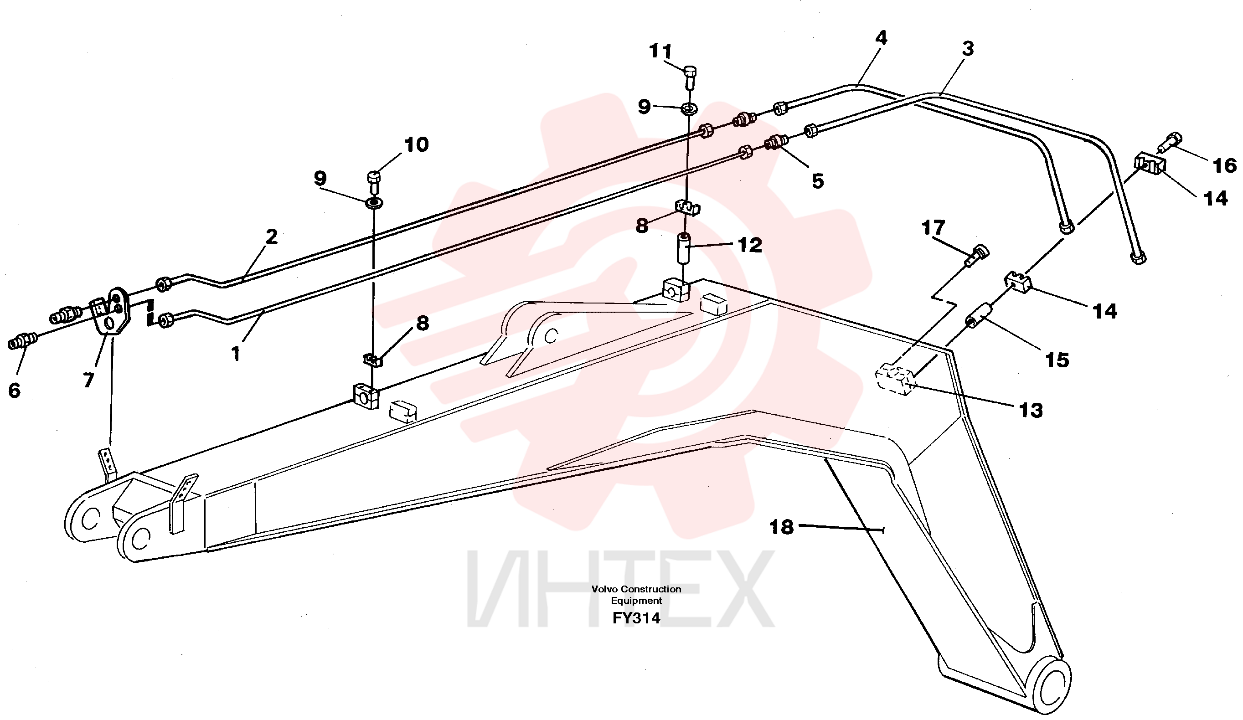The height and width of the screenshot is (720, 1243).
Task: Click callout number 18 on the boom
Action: [781, 527]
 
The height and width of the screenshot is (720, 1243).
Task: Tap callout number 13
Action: [1031, 410]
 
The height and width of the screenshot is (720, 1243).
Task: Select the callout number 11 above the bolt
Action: [660, 51]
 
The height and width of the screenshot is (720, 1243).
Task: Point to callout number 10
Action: [416, 144]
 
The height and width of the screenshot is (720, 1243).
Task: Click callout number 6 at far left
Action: [14, 391]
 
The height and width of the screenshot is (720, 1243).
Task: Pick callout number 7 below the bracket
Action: [88, 380]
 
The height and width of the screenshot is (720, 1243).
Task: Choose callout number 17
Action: [933, 227]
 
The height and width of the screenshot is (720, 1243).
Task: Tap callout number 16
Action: [1225, 165]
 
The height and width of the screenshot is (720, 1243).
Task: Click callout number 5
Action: [818, 181]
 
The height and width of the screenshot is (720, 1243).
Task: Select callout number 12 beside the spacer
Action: [750, 245]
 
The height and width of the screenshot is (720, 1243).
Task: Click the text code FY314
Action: [636, 618]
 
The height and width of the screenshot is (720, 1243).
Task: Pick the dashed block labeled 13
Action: [895, 380]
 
